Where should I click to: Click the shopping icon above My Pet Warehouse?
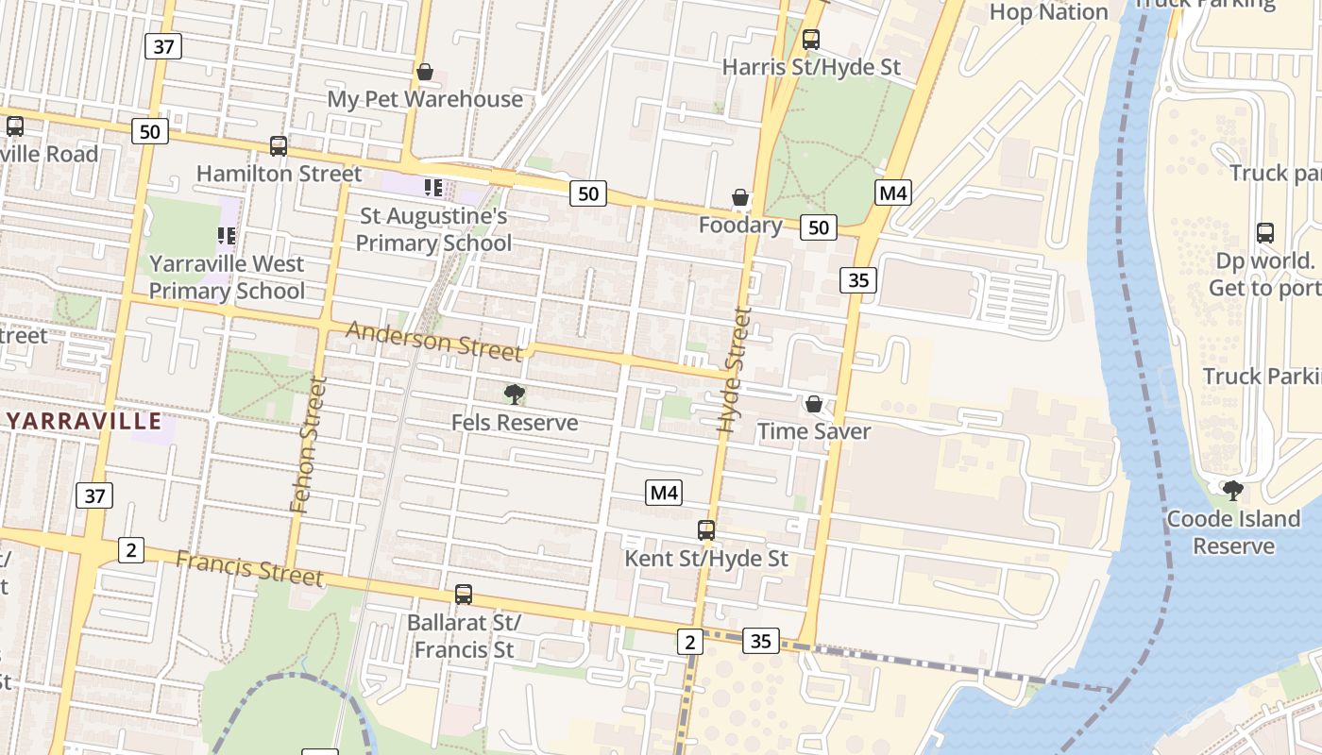point(425,72)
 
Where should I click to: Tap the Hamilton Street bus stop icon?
point(279,146)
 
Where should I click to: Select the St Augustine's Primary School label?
point(433,229)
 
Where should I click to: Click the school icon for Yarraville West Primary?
point(227,235)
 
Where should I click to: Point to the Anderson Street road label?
point(433,340)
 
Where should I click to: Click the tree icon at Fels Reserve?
point(515,394)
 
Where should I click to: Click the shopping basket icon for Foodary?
point(740,197)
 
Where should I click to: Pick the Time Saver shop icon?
point(814,404)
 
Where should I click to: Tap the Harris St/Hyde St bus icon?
point(811,40)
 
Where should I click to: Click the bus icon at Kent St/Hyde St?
point(706,530)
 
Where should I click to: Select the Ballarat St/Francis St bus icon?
point(464,595)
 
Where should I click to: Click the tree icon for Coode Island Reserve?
point(1232,491)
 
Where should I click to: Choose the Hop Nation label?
point(1048,12)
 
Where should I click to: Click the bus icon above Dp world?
point(1265,232)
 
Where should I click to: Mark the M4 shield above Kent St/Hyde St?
point(664,492)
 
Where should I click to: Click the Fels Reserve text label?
point(515,422)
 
